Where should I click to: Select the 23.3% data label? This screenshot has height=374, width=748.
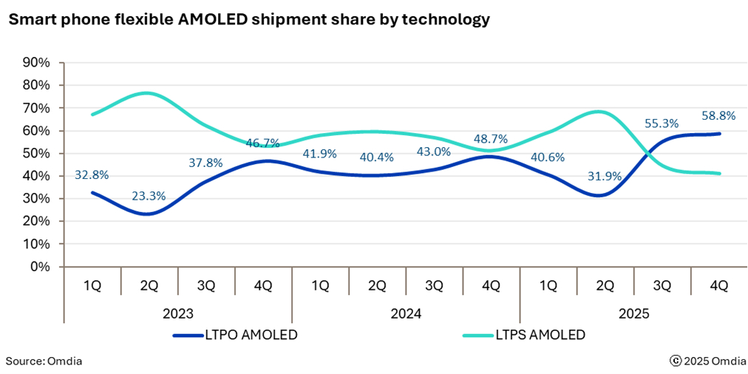tap(149, 197)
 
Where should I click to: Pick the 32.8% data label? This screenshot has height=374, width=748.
tap(92, 175)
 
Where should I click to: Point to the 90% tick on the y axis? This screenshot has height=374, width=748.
tap(36, 63)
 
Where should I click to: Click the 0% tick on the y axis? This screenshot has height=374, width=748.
tap(40, 267)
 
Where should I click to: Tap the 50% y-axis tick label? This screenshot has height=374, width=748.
tap(36, 154)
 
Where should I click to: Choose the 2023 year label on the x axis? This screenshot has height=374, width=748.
tap(178, 313)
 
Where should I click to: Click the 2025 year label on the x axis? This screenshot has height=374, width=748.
tap(633, 313)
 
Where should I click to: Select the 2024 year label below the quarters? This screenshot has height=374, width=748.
tap(406, 313)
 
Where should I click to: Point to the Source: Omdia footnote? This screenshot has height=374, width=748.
tap(44, 361)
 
